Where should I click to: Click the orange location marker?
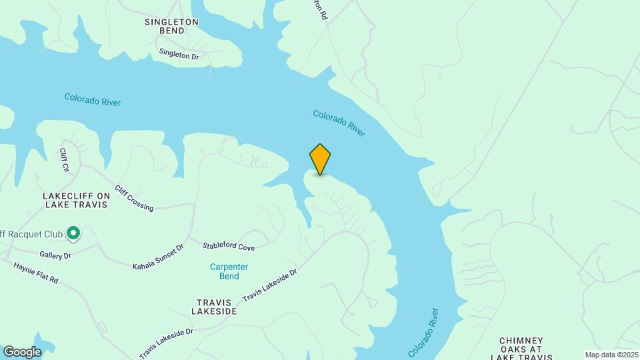[x=320, y=159]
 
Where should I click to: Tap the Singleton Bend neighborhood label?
[x=171, y=26]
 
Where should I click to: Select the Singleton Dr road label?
[x=179, y=54]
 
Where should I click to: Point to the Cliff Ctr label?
[x=64, y=159]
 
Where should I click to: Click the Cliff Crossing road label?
[x=134, y=198]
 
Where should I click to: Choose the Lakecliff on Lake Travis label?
[x=75, y=200]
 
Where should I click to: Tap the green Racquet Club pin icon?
[x=73, y=233]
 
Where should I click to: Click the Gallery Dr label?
[x=55, y=255]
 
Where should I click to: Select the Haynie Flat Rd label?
[x=36, y=272]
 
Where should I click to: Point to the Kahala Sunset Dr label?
[x=158, y=257]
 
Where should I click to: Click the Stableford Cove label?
[x=228, y=247]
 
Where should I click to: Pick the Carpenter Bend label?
[x=229, y=271]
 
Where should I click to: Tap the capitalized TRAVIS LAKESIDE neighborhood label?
[x=214, y=306]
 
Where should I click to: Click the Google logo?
[x=22, y=351]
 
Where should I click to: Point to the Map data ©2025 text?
[x=611, y=355]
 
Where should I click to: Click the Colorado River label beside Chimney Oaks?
[x=424, y=332]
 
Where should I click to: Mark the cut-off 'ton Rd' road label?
[x=321, y=9]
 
